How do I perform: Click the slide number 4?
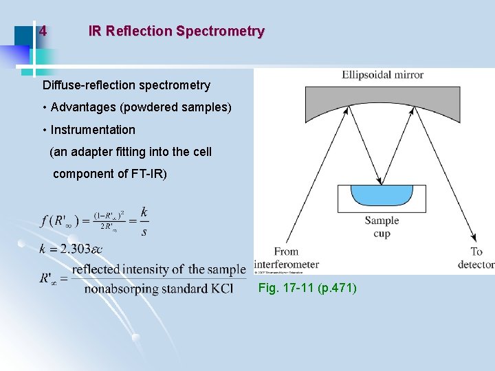pyautogui.click(x=43, y=32)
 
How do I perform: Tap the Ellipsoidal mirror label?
pyautogui.click(x=382, y=75)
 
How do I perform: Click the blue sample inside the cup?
pyautogui.click(x=382, y=194)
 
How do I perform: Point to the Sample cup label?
pyautogui.click(x=382, y=227)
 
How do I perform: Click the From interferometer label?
pyautogui.click(x=286, y=258)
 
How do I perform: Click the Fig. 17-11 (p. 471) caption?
pyautogui.click(x=307, y=289)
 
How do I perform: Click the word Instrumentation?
pyautogui.click(x=93, y=130)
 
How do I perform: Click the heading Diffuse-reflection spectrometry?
pyautogui.click(x=126, y=86)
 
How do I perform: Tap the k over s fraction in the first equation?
pyautogui.click(x=144, y=221)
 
